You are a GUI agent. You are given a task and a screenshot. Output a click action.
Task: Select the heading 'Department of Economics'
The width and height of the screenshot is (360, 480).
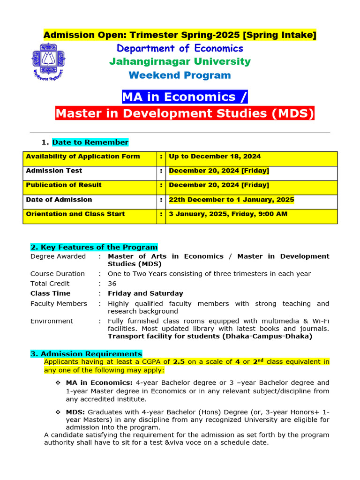[x=180, y=48]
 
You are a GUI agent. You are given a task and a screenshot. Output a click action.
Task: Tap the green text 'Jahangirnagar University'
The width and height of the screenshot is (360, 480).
[x=180, y=61]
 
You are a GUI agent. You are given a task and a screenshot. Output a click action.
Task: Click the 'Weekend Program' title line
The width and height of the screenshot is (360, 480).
[x=180, y=75]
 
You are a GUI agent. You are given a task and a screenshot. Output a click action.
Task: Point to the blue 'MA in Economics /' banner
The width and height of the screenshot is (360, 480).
[x=184, y=97]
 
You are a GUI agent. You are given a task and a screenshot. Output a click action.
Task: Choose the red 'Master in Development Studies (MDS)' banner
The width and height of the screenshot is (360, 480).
[x=185, y=113]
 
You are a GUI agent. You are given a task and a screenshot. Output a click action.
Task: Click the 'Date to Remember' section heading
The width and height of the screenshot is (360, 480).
[x=90, y=142]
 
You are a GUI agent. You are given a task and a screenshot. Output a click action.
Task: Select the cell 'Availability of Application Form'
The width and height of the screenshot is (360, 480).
[x=83, y=157]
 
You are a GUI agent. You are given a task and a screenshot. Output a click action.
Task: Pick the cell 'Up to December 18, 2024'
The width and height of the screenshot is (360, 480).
[x=215, y=157]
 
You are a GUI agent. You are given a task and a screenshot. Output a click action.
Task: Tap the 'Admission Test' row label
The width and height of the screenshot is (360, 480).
[x=54, y=171]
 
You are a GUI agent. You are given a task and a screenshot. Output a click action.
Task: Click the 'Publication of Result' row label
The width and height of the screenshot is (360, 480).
[x=64, y=185]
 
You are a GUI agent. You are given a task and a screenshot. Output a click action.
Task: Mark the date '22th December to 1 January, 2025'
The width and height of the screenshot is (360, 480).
[x=232, y=200]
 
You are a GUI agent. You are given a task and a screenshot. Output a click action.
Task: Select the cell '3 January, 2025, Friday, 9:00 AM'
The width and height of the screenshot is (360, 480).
[x=228, y=214]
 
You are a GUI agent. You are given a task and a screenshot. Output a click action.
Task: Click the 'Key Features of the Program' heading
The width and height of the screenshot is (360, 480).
[x=94, y=247]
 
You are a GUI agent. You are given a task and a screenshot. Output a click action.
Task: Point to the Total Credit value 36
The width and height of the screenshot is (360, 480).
[x=112, y=284]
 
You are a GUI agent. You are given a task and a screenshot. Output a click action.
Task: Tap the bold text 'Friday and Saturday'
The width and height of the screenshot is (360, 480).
[x=145, y=293]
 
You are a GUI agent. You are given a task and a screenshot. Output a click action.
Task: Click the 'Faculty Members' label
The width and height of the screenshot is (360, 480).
[x=59, y=304]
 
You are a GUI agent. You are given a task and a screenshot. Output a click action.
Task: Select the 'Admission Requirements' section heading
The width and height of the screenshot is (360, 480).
[x=86, y=354]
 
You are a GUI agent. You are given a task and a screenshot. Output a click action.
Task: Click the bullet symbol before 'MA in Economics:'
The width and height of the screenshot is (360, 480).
[x=58, y=383]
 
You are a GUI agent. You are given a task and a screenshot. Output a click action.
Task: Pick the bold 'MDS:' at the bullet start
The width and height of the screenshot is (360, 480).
[x=75, y=412]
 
